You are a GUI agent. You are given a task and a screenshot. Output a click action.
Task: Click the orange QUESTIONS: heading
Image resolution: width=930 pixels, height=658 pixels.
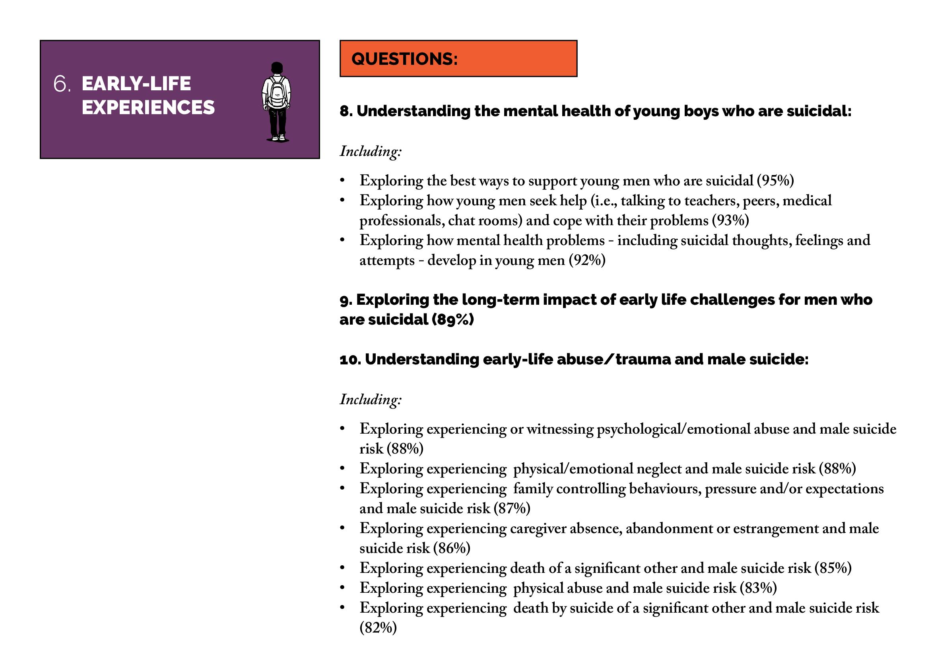point(405,59)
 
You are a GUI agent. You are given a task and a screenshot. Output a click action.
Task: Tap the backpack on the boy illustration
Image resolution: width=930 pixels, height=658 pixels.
point(277,93)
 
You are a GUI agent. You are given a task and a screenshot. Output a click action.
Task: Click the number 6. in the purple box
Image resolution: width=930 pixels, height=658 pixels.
point(62,84)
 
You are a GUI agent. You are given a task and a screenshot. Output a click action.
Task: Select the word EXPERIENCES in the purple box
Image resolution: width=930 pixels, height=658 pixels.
point(148,107)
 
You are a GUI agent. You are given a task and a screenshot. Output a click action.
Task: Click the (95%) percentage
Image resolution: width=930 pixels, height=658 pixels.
point(775,181)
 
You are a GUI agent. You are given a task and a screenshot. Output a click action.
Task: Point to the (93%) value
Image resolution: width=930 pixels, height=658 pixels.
point(731,220)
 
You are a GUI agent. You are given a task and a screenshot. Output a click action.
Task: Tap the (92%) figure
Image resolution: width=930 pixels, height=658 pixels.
point(587,260)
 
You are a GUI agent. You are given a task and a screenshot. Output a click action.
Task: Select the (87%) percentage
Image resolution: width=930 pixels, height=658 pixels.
point(512,508)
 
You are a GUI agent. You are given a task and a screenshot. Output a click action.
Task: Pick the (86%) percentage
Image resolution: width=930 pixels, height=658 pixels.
point(452,548)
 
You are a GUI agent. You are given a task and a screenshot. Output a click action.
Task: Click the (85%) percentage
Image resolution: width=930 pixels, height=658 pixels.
point(833,568)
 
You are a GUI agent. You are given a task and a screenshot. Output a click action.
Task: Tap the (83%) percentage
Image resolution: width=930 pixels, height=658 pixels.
point(758,588)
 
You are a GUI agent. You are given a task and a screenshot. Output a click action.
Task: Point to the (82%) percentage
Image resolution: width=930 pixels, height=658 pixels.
point(378,628)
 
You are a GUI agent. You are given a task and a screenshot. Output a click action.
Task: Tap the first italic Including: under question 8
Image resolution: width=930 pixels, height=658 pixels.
point(371,152)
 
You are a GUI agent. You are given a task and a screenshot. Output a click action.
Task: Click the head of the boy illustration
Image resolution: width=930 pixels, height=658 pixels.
point(277,68)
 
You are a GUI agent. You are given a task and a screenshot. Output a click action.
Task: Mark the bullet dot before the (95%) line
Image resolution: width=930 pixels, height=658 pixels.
point(342,180)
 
